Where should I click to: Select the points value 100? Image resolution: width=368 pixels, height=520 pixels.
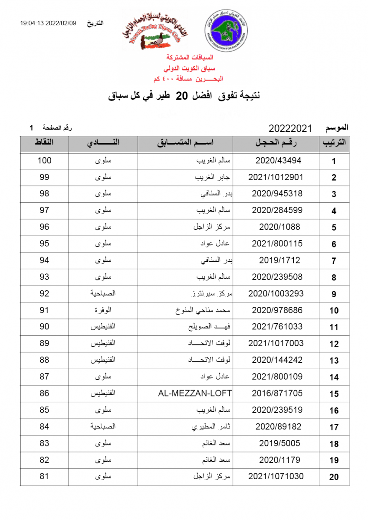pos(44,161)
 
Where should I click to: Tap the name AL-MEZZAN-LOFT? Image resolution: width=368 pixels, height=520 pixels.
pos(195,393)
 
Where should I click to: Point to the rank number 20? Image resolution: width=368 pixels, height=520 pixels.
pos(334,477)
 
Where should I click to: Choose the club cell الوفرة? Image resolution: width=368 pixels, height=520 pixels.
pos(103,310)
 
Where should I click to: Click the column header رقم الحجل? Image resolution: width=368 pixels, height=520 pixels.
pos(276,143)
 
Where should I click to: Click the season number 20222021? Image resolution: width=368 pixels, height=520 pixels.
pos(290,128)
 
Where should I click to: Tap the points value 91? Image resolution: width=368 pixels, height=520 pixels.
pos(44,310)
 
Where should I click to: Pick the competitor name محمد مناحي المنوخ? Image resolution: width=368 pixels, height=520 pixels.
pos(203,310)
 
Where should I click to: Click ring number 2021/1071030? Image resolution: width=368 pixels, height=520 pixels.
pos(276,477)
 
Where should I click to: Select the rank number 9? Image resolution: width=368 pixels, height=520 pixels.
pos(334,294)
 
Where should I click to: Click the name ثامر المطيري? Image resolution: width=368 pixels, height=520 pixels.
pos(212,427)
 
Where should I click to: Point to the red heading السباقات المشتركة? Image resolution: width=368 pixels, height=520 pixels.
pos(190,58)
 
